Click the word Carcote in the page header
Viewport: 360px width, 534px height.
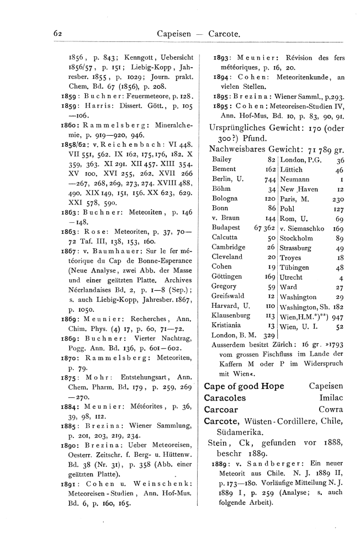(x=224, y=34)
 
